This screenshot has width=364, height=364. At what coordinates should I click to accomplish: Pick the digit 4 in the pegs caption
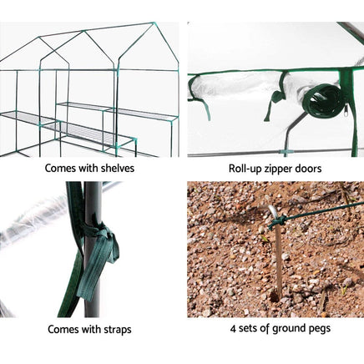point(232,328)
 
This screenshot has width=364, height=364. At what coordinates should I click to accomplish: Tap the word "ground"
point(291,328)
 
